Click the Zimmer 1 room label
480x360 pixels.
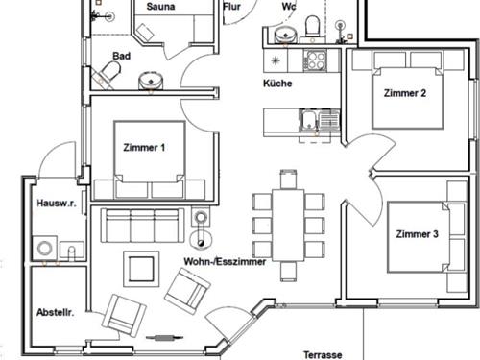(144, 148)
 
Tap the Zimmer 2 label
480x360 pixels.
(405, 93)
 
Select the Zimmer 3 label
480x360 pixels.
(417, 234)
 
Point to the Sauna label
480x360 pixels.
(160, 7)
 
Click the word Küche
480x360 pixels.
(277, 84)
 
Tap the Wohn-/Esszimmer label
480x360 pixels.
(225, 262)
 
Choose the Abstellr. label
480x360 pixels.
(55, 312)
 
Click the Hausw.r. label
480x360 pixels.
(57, 204)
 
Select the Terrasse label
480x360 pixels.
(323, 354)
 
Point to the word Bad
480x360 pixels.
(121, 56)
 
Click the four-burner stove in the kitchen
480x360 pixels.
(315, 60)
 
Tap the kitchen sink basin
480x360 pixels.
(308, 120)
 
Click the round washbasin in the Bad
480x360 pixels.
(151, 81)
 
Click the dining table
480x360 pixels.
(288, 226)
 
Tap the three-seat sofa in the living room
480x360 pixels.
(142, 226)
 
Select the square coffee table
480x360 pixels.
(141, 269)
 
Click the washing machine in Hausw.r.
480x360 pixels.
(44, 248)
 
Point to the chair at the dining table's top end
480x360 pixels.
(288, 180)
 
